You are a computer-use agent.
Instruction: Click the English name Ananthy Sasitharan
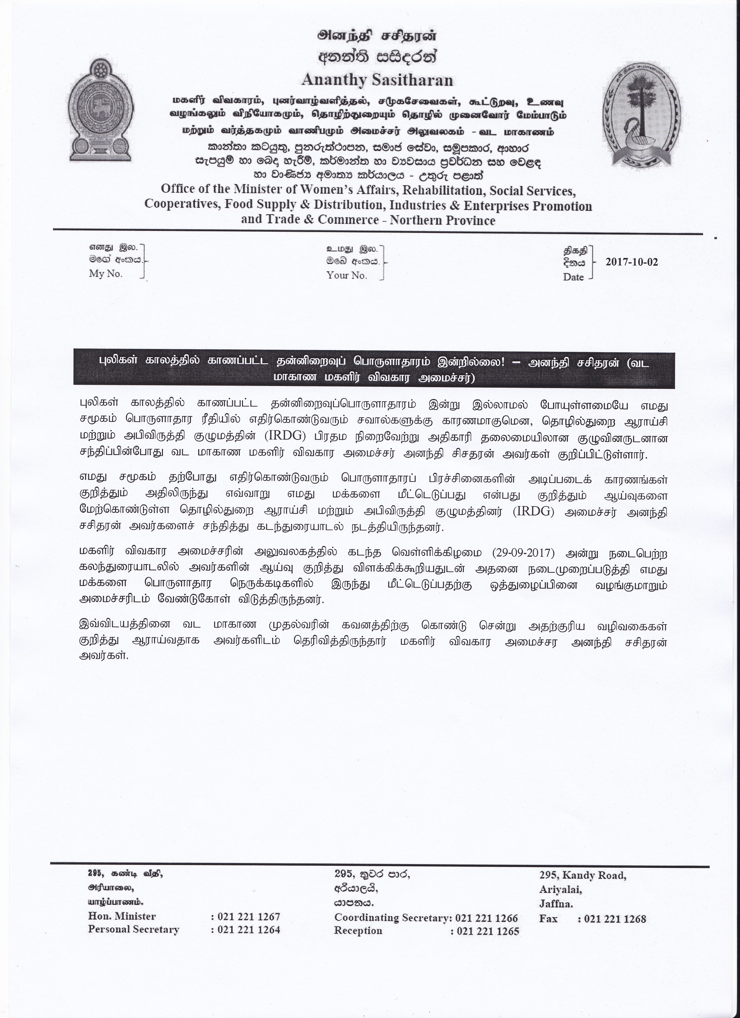point(377,80)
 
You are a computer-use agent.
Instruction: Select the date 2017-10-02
point(631,262)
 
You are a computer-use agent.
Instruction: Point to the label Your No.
point(347,276)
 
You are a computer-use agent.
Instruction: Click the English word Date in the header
point(573,277)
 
